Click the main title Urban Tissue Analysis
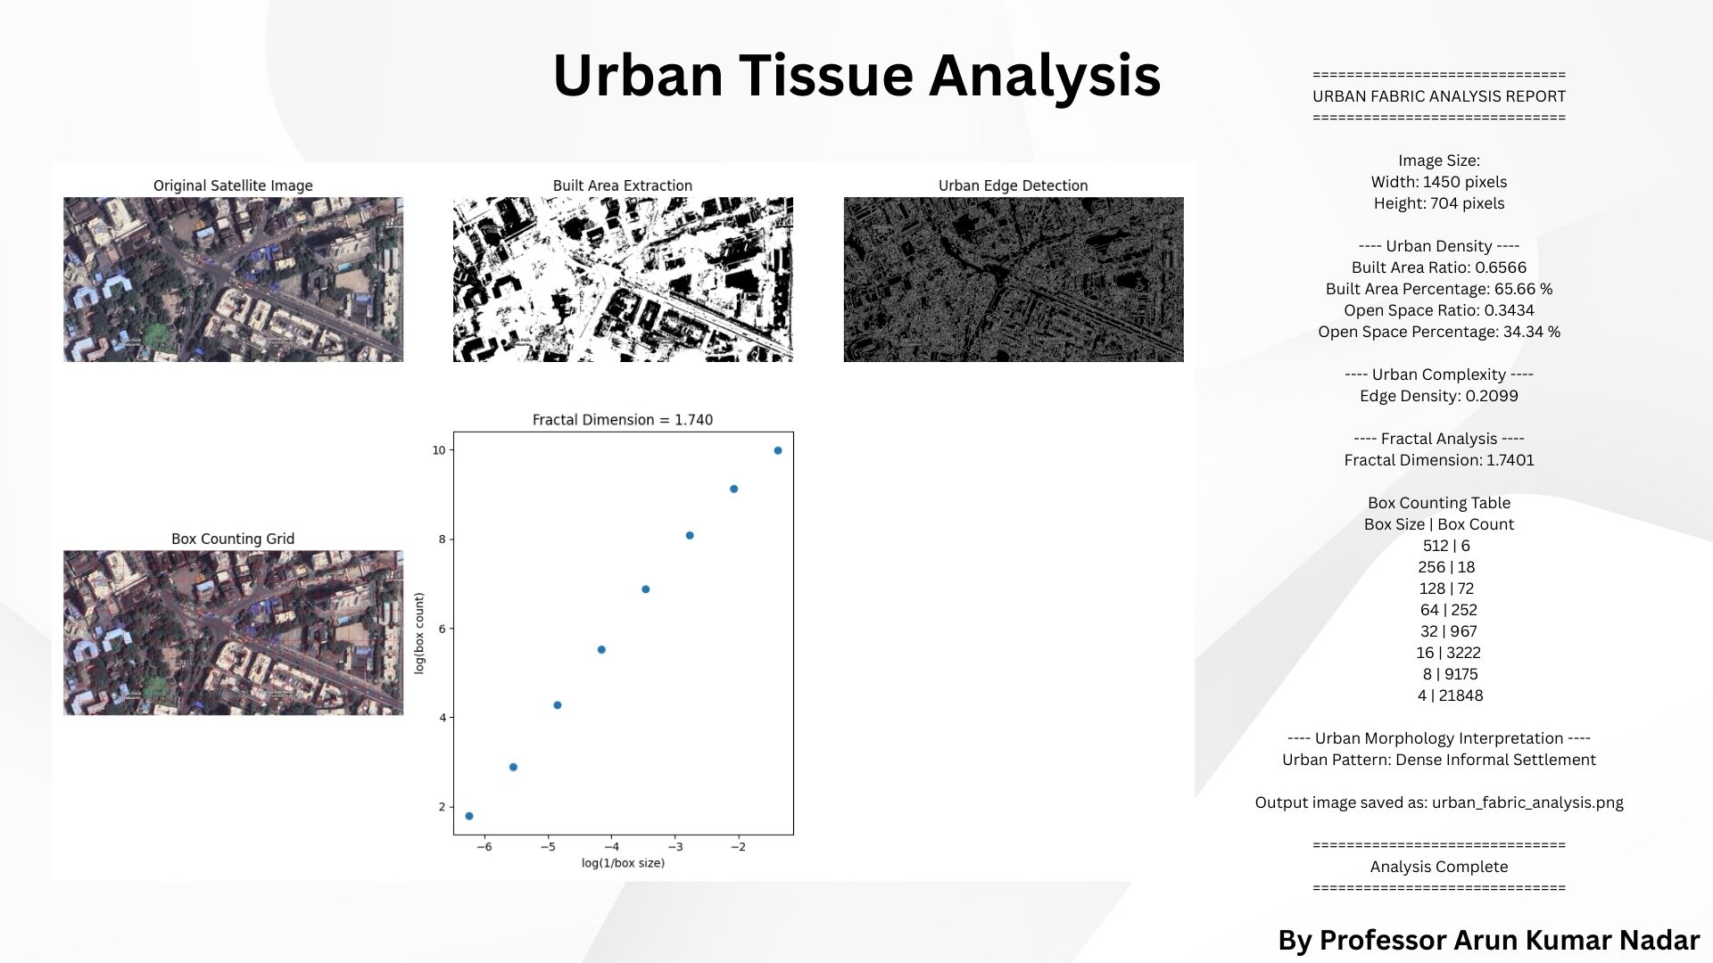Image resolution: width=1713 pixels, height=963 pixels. point(856,75)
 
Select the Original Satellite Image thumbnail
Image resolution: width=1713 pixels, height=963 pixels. point(233,279)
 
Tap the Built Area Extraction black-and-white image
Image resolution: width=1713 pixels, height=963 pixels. point(623,279)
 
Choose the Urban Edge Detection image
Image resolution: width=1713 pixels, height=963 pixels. point(1014,279)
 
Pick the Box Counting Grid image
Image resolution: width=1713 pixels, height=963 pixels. point(233,632)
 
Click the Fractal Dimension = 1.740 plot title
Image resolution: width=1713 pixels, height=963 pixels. point(623,420)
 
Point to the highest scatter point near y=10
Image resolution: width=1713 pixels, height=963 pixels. point(778,450)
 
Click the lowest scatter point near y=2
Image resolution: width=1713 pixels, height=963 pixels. point(469,816)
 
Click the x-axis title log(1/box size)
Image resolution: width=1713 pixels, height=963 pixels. point(623,863)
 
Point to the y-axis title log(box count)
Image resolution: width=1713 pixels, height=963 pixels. point(419,633)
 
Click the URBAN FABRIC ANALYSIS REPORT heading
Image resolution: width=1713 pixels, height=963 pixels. point(1439,96)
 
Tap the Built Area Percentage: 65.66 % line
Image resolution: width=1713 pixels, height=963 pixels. point(1439,289)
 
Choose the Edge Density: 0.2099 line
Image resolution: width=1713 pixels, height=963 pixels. point(1439,396)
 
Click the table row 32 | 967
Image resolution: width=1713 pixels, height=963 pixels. point(1439,631)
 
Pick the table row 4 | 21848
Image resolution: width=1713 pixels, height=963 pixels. point(1439,695)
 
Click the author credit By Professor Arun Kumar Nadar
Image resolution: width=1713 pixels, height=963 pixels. point(1489,941)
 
